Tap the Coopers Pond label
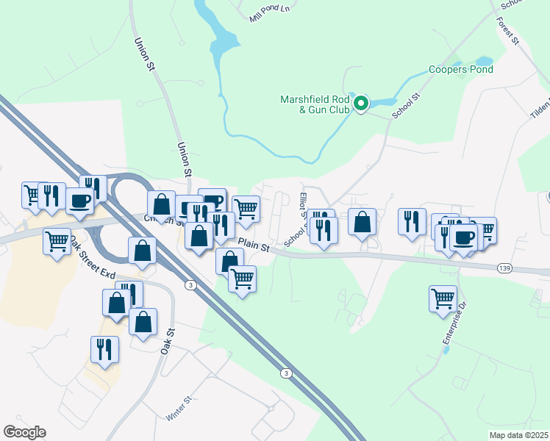[461, 70]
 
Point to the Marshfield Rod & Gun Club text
[315, 104]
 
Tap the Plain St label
[254, 246]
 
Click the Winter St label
[179, 409]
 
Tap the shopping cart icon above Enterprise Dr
[443, 298]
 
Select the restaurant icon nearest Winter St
[104, 349]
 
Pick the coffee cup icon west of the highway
[79, 200]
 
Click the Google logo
[24, 432]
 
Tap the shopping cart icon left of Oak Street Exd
[57, 241]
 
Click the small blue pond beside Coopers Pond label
[485, 61]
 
